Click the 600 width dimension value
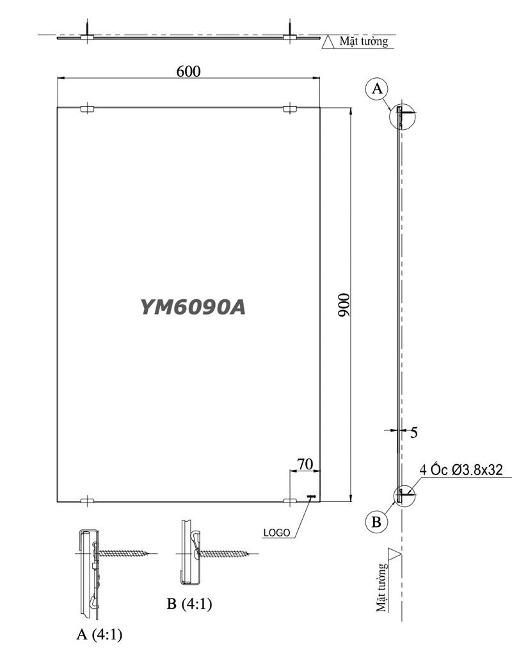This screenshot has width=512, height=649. [188, 71]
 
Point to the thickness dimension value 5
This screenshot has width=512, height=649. [414, 433]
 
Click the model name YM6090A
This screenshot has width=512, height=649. [193, 308]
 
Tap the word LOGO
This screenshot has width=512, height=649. [276, 531]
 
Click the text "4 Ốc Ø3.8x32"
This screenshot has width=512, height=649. [461, 471]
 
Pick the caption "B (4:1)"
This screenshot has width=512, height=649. [189, 603]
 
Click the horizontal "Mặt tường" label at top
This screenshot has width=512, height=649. [364, 42]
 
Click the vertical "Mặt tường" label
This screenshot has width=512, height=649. [383, 587]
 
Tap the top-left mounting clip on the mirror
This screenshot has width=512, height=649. [88, 109]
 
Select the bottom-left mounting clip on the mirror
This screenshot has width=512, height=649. [88, 501]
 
